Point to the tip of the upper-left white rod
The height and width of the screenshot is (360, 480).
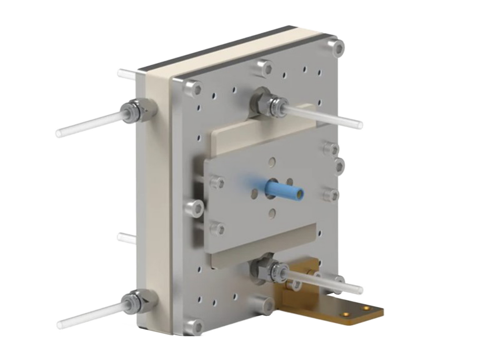click(x=59, y=133)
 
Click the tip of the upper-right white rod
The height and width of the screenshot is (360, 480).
click(x=360, y=125)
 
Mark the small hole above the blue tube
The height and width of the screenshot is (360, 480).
click(x=272, y=162)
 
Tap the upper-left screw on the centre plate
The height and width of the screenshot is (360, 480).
click(x=217, y=183)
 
